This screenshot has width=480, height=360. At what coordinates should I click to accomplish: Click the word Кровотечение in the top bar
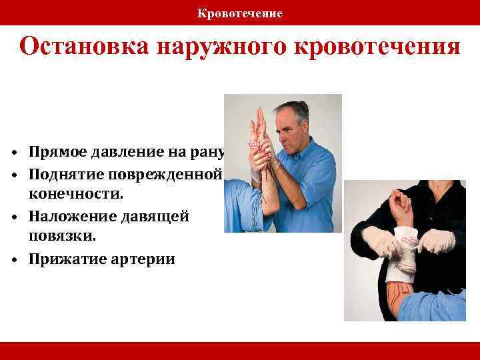pyautogui.click(x=240, y=13)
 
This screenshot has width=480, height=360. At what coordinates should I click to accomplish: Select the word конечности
pyautogui.click(x=69, y=195)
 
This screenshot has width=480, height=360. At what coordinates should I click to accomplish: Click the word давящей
pyautogui.click(x=155, y=217)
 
